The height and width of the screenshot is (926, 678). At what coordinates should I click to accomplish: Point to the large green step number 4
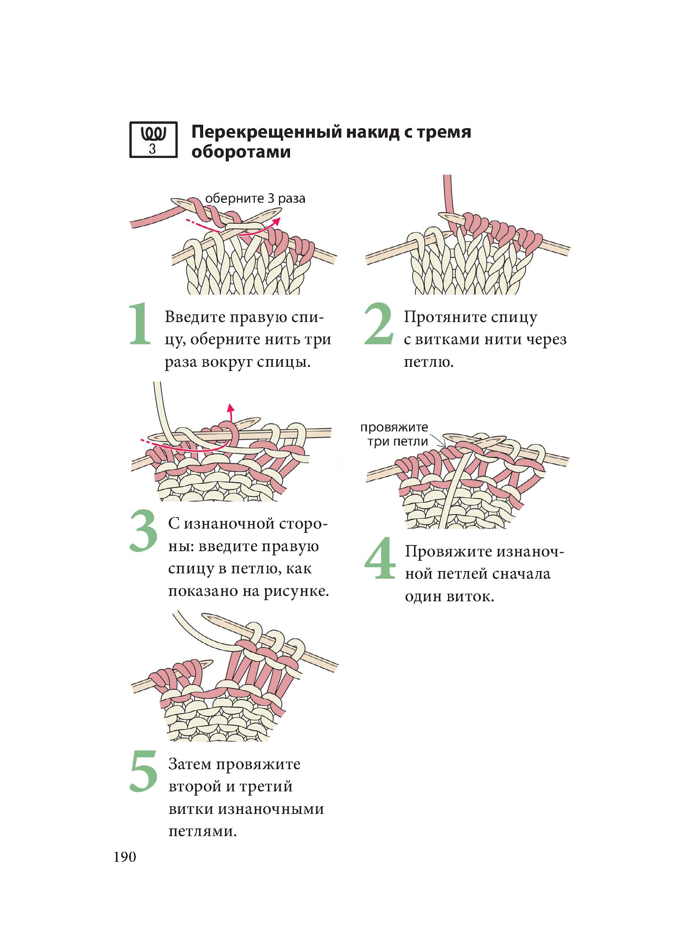pyautogui.click(x=380, y=559)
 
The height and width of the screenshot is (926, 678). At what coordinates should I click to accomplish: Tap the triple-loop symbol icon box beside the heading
pyautogui.click(x=153, y=140)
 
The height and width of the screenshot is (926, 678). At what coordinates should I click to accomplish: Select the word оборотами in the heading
pyautogui.click(x=241, y=152)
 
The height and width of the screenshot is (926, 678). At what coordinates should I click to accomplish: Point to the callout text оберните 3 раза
pyautogui.click(x=255, y=199)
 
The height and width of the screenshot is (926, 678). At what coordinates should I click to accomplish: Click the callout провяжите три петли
pyautogui.click(x=394, y=435)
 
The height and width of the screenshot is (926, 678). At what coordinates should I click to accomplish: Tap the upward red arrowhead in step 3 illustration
pyautogui.click(x=231, y=407)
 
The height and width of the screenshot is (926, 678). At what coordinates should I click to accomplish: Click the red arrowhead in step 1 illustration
pyautogui.click(x=277, y=221)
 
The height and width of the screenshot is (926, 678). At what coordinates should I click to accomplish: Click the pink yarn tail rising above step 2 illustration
pyautogui.click(x=447, y=193)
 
